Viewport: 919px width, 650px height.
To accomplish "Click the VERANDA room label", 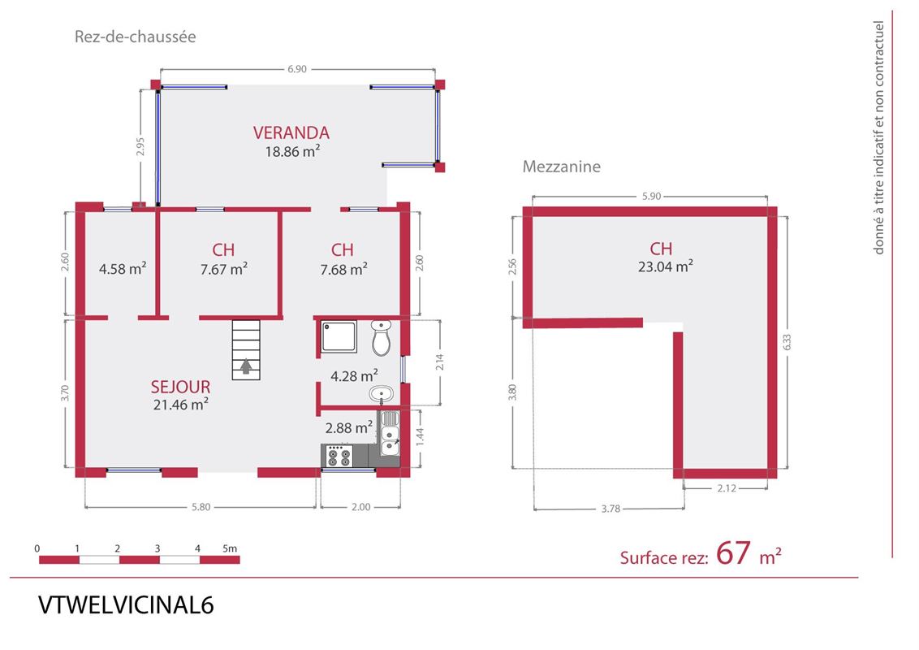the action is tap(291, 132).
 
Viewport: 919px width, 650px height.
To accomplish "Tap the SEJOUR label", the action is tap(180, 387).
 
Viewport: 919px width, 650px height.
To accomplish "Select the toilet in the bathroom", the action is tap(381, 337).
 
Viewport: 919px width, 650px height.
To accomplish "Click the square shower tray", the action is tap(339, 336).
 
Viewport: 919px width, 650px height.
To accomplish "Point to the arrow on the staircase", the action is tap(246, 366).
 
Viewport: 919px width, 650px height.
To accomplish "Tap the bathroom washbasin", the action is tap(382, 393).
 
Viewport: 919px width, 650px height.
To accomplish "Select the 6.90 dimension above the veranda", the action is tap(297, 68).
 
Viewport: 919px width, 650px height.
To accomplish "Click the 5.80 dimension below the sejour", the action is tap(201, 507).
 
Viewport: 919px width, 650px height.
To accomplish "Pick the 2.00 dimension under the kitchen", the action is tap(361, 507).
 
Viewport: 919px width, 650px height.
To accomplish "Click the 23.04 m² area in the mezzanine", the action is tap(666, 266).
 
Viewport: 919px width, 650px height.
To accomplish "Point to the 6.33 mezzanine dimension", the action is tap(787, 343).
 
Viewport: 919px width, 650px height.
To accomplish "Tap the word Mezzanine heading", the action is tap(562, 167).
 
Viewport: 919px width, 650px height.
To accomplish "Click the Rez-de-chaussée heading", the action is tap(135, 37).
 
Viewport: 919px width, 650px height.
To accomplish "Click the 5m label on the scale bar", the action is tap(230, 548).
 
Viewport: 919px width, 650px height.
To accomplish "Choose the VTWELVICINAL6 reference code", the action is tap(126, 604).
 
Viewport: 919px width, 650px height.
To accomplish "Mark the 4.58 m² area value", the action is tap(123, 269).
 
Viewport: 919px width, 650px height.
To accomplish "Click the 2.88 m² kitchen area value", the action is tap(349, 427).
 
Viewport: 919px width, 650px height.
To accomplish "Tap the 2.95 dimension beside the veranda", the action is tap(140, 146).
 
